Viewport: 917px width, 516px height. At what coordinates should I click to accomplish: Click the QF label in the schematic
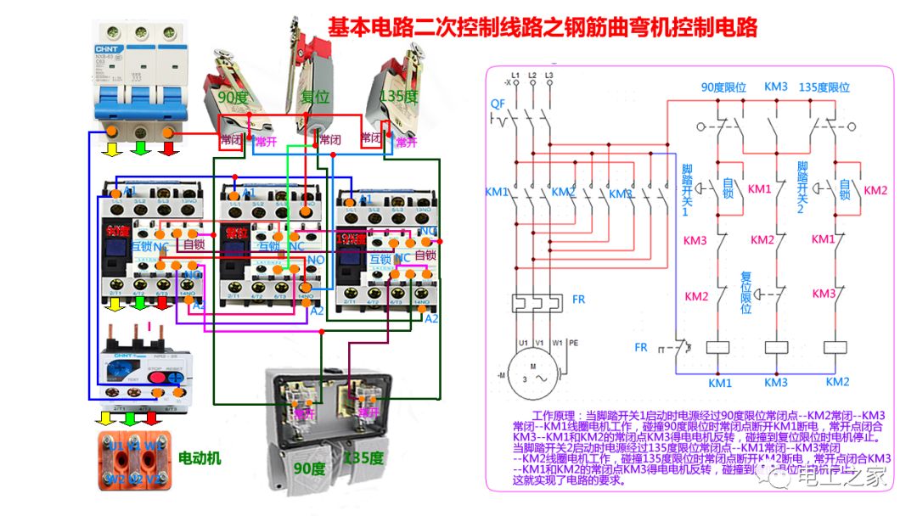tap(498, 104)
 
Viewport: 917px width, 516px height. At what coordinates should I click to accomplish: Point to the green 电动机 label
tap(200, 457)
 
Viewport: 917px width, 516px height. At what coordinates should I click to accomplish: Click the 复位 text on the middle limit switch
tap(316, 98)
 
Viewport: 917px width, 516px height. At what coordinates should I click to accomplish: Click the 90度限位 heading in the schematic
tap(723, 87)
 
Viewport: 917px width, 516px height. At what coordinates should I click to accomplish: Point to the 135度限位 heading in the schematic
tap(824, 87)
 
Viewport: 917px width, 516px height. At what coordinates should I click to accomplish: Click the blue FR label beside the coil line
tap(642, 347)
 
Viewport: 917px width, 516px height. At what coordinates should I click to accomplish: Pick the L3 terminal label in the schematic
tap(549, 76)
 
